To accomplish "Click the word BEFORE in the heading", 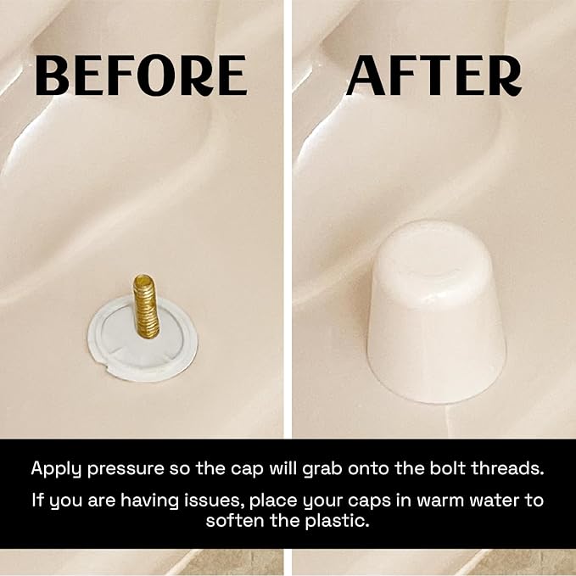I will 142,76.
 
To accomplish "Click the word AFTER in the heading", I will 433,76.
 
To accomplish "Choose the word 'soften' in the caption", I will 235,521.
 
